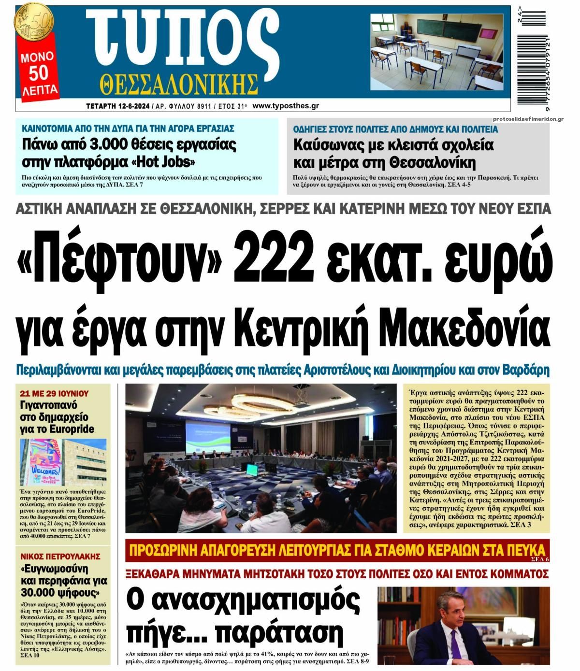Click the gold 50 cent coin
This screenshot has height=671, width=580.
[x=33, y=21]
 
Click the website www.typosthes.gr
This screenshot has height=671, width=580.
[x=285, y=106]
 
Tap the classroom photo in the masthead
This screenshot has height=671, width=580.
[x=437, y=52]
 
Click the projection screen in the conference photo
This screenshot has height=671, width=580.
[x=208, y=432]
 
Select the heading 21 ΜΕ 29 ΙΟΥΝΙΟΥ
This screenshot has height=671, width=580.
[x=55, y=393]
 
